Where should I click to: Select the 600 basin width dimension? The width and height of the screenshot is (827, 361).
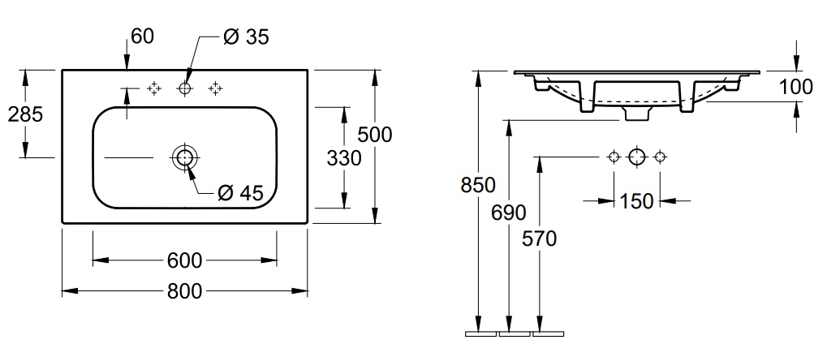coord(184,260)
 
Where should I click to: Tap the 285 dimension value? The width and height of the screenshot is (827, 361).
coord(25,114)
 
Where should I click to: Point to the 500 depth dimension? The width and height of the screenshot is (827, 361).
coord(374,134)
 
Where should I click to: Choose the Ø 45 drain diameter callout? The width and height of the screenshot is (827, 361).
coord(241,192)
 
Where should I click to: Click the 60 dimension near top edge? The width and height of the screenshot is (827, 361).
coord(141,37)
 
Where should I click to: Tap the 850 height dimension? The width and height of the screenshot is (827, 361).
coord(479,185)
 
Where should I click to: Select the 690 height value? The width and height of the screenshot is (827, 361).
coord(509,213)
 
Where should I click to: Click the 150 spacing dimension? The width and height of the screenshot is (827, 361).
coord(636,200)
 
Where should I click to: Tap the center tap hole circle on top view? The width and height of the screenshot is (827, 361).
coord(185,88)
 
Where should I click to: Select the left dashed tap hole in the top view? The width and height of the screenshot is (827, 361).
coord(154,88)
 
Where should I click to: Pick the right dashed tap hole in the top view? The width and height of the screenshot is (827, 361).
coord(216,88)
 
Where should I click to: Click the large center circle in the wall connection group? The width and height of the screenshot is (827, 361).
coord(637,156)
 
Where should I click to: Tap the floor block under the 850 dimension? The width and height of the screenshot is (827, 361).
coord(479,333)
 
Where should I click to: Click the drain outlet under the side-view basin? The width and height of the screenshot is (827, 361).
coord(637,114)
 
